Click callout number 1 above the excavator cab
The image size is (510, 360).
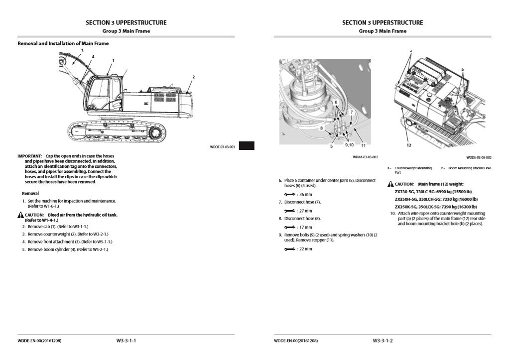[x=113, y=60]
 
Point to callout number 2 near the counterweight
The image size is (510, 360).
[x=193, y=77]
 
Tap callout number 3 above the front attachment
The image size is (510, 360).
[x=82, y=51]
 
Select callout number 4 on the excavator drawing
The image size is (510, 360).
[x=93, y=57]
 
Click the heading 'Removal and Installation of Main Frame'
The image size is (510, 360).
[x=63, y=43]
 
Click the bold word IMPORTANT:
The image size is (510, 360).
[x=30, y=156]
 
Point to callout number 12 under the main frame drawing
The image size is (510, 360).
[x=408, y=145]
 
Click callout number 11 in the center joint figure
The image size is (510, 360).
[x=363, y=145]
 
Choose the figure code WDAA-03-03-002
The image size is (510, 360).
[x=365, y=157]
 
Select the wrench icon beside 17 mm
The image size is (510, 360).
[x=289, y=227]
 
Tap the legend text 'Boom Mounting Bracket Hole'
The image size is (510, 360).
[x=470, y=168]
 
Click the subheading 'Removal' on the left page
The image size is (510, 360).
[x=30, y=193]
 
